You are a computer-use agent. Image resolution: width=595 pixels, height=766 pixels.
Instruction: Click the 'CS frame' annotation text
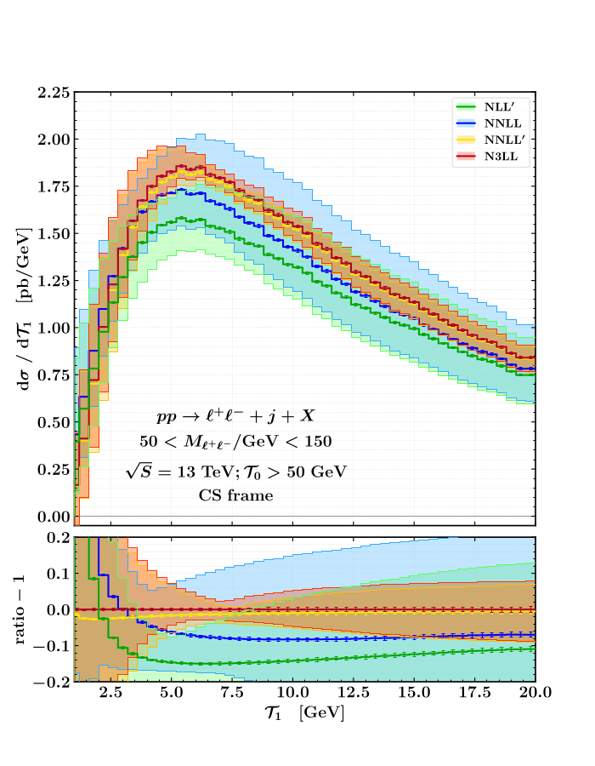coord(236,495)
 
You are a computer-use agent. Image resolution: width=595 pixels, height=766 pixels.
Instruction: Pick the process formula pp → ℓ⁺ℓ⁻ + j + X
coord(236,417)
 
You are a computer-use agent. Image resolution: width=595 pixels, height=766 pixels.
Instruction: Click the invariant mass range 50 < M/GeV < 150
coord(236,443)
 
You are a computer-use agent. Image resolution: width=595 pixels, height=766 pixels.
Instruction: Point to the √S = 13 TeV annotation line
coord(236,469)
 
